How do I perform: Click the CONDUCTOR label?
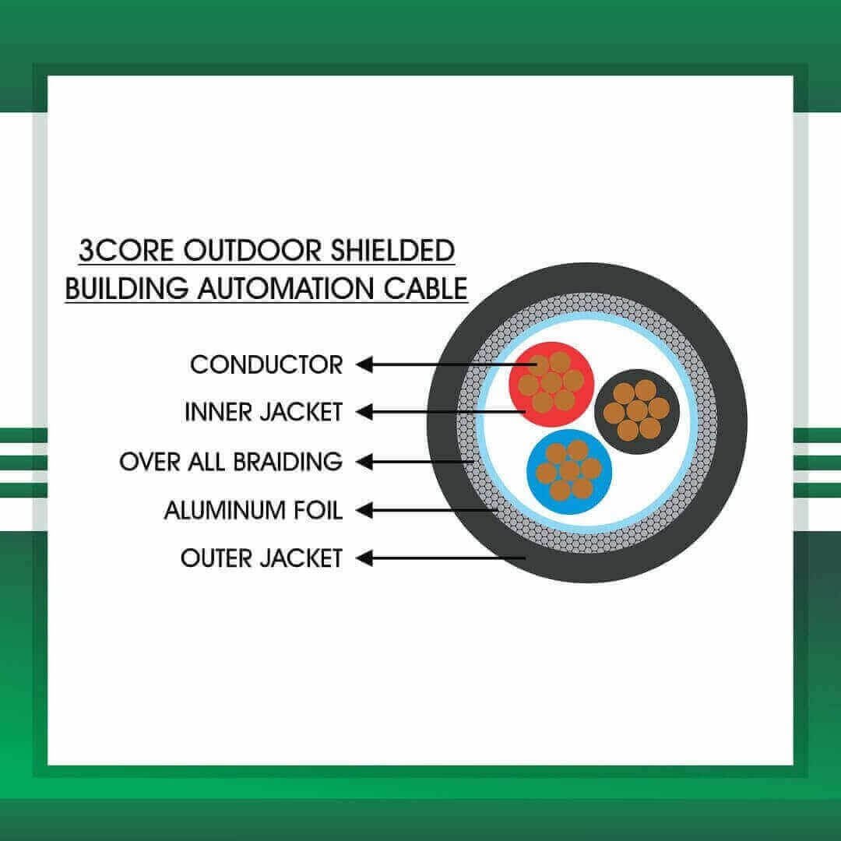pos(266,365)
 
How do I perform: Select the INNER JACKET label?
pos(263,413)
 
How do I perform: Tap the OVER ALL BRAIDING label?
pos(230,462)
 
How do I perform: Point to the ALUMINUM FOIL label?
pos(253,510)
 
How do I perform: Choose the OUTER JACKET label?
pos(262,558)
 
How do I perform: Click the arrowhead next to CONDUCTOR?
pos(364,364)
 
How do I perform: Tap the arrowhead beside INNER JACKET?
pos(364,412)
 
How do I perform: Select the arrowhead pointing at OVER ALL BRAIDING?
pos(364,461)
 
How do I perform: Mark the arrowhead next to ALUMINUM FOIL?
pos(364,510)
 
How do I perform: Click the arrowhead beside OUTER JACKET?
pos(364,558)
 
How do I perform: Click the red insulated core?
pos(551,384)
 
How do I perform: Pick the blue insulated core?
pos(569,472)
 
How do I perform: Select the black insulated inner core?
pos(637,411)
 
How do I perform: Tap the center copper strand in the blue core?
pos(569,471)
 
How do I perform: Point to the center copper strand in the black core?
pos(637,411)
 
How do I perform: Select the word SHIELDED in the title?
pos(392,251)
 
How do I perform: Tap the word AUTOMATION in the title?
pos(285,289)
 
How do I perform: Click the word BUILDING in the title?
pos(127,289)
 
